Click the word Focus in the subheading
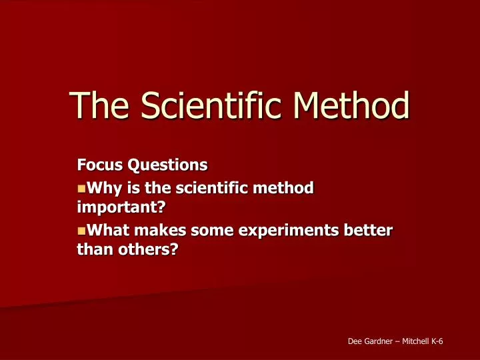pyautogui.click(x=97, y=163)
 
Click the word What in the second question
pyautogui.click(x=109, y=231)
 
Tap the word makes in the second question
pyautogui.click(x=163, y=231)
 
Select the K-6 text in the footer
pyautogui.click(x=438, y=341)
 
